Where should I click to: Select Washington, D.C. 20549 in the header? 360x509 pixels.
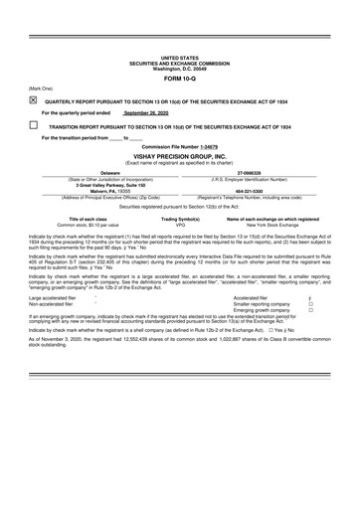click(x=179, y=69)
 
